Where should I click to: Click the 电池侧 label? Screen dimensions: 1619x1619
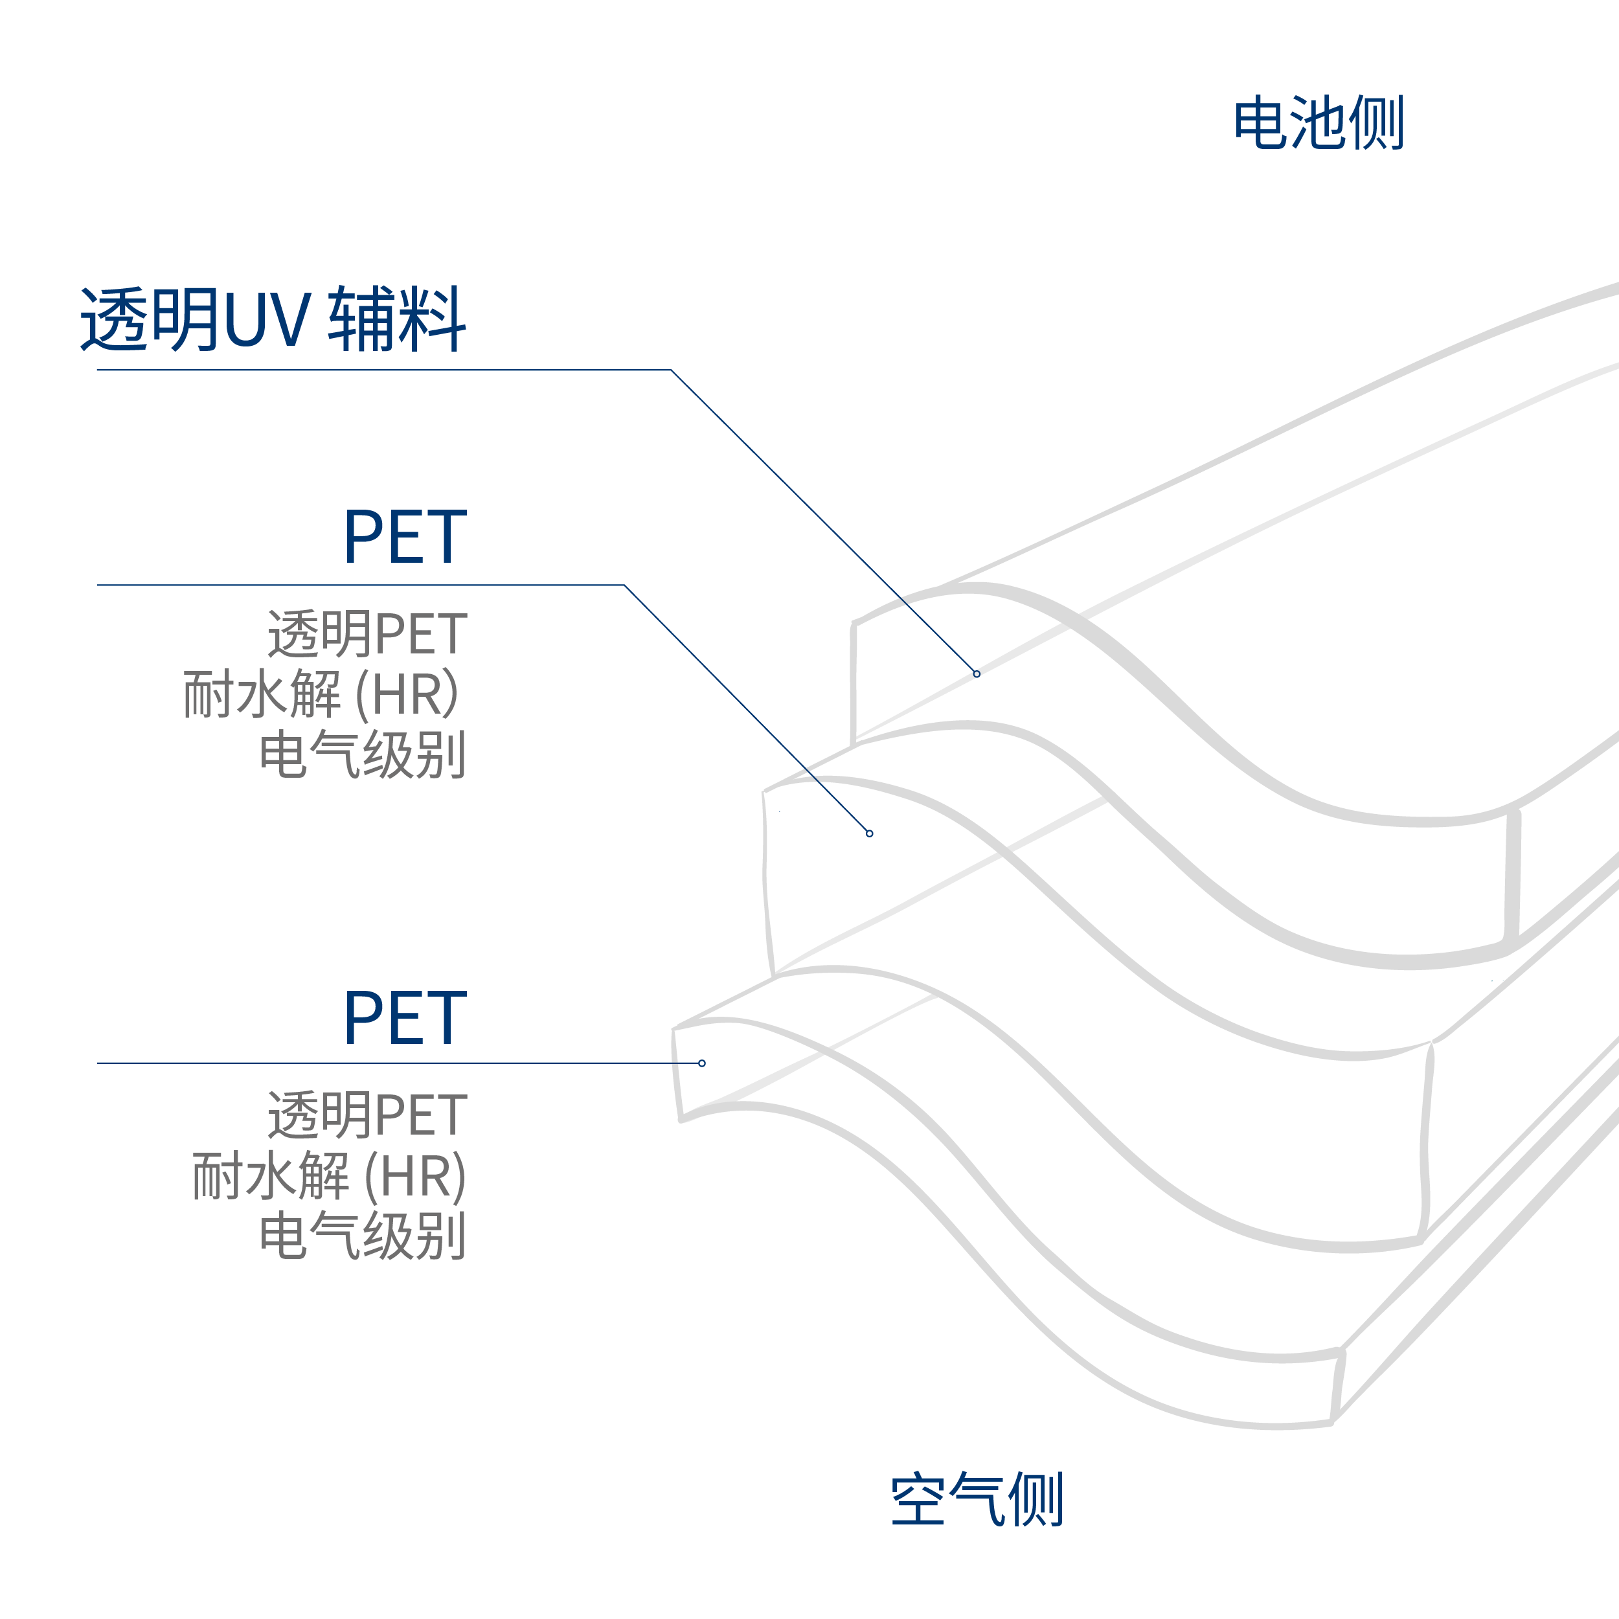click(1317, 123)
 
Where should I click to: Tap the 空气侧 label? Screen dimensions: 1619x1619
click(977, 1499)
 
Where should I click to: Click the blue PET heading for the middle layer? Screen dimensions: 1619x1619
click(405, 536)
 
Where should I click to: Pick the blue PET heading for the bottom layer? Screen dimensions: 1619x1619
click(405, 1018)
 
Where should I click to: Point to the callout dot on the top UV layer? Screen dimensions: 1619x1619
click(977, 674)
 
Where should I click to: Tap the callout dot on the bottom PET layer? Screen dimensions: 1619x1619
click(701, 1063)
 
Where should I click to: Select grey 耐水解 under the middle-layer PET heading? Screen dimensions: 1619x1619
click(262, 695)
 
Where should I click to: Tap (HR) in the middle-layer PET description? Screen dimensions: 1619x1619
click(407, 695)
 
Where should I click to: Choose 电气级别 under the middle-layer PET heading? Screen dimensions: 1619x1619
click(362, 754)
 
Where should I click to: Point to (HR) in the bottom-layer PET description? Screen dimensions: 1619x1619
click(416, 1175)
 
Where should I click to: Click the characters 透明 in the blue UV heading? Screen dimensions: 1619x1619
click(149, 320)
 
